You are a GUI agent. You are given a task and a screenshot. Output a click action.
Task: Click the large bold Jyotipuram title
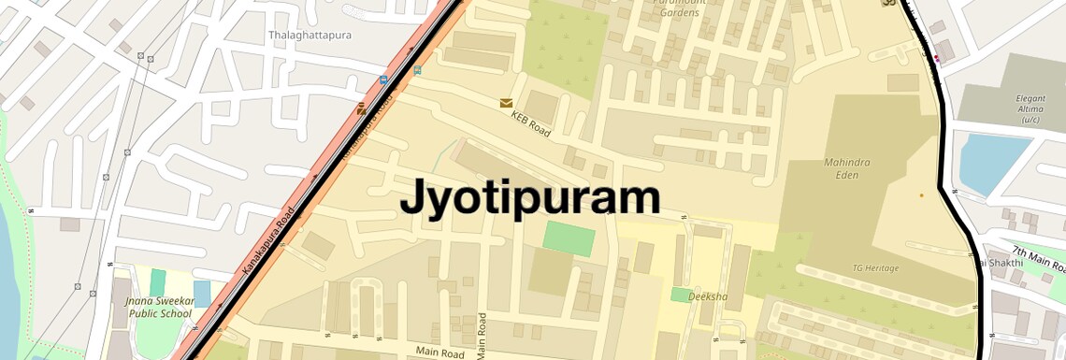click(530, 198)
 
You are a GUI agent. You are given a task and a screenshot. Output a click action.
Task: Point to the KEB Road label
click(530, 125)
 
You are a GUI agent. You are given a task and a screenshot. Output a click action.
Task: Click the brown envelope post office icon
click(506, 103)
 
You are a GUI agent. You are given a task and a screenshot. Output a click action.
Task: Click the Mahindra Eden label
click(846, 168)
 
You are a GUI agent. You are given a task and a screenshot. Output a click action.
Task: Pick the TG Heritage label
click(875, 268)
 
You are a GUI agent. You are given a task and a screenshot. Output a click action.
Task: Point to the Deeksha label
click(707, 295)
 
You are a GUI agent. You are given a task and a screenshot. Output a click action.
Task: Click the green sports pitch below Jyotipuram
click(569, 238)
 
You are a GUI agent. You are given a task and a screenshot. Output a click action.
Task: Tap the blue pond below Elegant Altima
click(993, 165)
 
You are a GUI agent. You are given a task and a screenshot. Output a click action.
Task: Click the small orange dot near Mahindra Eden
click(921, 195)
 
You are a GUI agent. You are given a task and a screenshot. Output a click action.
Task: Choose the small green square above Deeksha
click(680, 295)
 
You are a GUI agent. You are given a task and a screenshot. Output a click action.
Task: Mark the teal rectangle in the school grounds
click(157, 282)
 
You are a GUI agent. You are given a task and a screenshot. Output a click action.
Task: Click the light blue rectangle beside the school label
click(202, 294)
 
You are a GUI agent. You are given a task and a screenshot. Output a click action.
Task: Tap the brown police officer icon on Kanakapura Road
click(362, 109)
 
